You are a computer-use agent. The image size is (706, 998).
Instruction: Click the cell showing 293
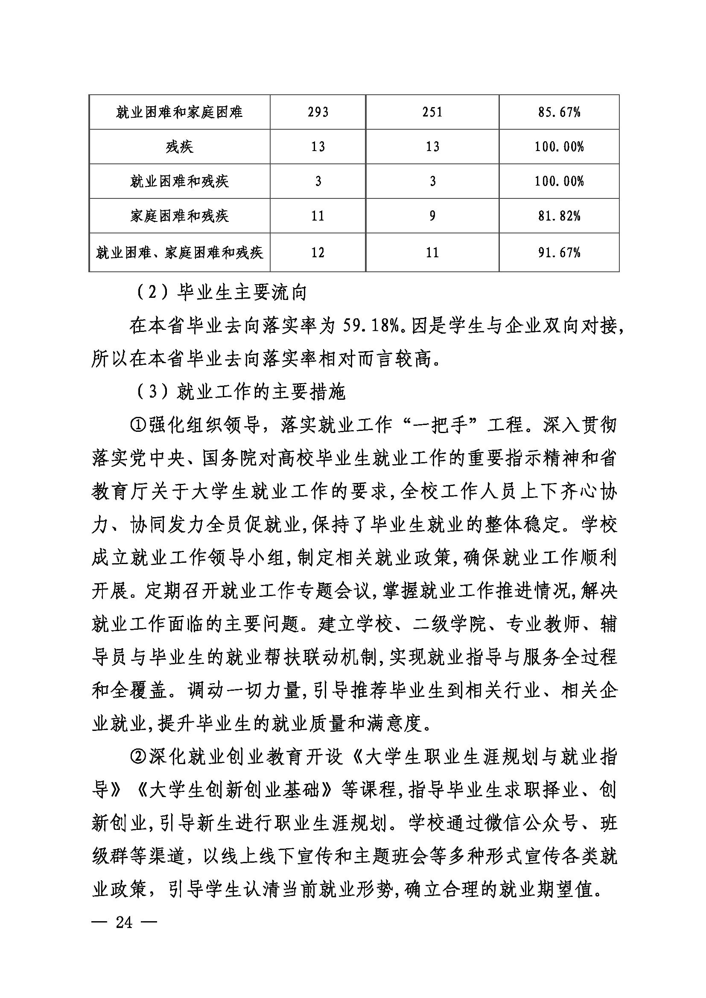318,112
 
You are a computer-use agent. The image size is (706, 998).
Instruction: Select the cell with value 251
432,112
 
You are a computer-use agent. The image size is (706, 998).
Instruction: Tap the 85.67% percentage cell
559,112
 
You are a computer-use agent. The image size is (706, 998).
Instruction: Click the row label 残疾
179,147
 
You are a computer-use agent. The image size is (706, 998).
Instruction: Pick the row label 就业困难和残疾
179,181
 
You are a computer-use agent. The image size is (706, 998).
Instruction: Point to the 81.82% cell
559,215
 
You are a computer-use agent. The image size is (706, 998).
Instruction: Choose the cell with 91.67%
559,253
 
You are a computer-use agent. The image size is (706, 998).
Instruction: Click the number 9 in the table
432,215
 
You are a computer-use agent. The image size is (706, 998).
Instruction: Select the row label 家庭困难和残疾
179,215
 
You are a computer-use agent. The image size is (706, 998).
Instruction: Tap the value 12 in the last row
318,253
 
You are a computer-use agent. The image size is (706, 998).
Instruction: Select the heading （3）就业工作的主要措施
241,392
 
